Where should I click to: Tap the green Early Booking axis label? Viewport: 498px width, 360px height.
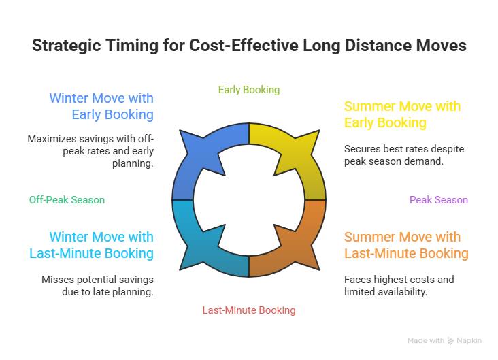click(x=248, y=90)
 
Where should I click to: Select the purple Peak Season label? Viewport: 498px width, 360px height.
click(x=438, y=200)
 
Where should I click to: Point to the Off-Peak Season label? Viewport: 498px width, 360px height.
click(x=67, y=200)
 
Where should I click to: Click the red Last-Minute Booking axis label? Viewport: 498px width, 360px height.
click(x=248, y=310)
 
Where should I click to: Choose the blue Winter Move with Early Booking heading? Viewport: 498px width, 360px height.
click(x=101, y=106)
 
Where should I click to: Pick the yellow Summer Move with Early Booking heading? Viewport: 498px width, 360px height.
click(x=402, y=114)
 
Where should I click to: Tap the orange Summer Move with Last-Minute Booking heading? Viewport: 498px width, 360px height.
click(x=405, y=245)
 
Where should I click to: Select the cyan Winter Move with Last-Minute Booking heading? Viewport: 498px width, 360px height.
click(x=101, y=245)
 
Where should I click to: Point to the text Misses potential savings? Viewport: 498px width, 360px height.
click(x=97, y=286)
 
